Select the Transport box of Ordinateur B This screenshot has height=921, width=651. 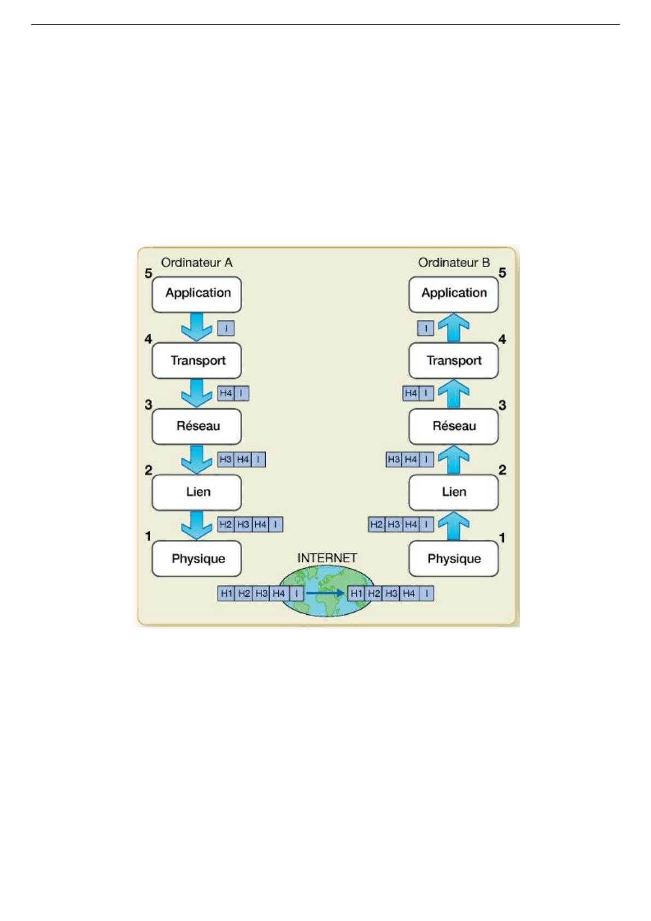click(453, 360)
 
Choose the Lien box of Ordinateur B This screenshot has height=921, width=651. click(453, 492)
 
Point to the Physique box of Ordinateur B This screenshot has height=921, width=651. click(453, 558)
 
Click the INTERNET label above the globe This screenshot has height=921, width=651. click(327, 558)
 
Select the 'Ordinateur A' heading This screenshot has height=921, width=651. click(197, 263)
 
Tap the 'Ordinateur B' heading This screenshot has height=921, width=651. click(454, 263)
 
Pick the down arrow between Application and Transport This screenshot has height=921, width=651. click(197, 327)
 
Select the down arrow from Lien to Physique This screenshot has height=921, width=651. click(197, 525)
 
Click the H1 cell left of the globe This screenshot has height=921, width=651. click(226, 593)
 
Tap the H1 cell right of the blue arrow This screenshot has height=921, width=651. click(356, 593)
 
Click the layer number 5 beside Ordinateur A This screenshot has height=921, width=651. click(148, 273)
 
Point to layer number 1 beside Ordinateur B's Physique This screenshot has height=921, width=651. click(502, 538)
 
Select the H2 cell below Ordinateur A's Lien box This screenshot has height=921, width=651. click(226, 524)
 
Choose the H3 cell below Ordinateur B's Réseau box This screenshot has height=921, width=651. click(394, 459)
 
